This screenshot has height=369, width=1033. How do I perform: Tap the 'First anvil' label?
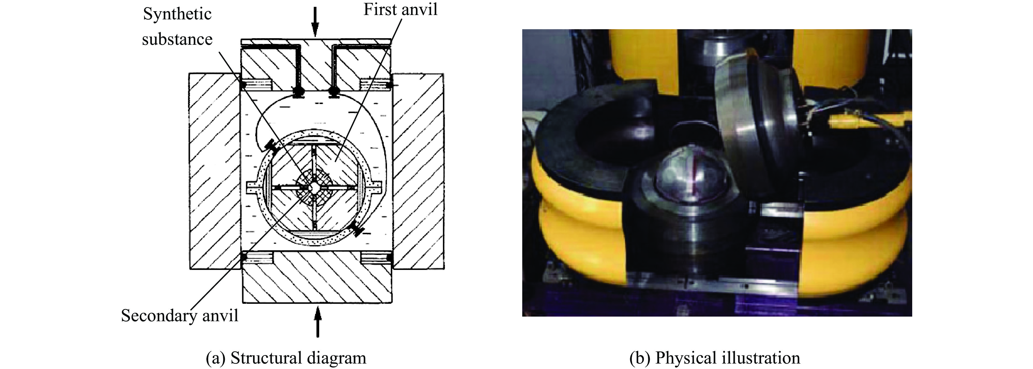click(400, 10)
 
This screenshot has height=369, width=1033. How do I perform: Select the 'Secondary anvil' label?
click(180, 316)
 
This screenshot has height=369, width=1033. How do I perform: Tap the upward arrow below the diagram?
click(318, 321)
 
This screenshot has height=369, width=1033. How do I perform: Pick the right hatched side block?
click(418, 171)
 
